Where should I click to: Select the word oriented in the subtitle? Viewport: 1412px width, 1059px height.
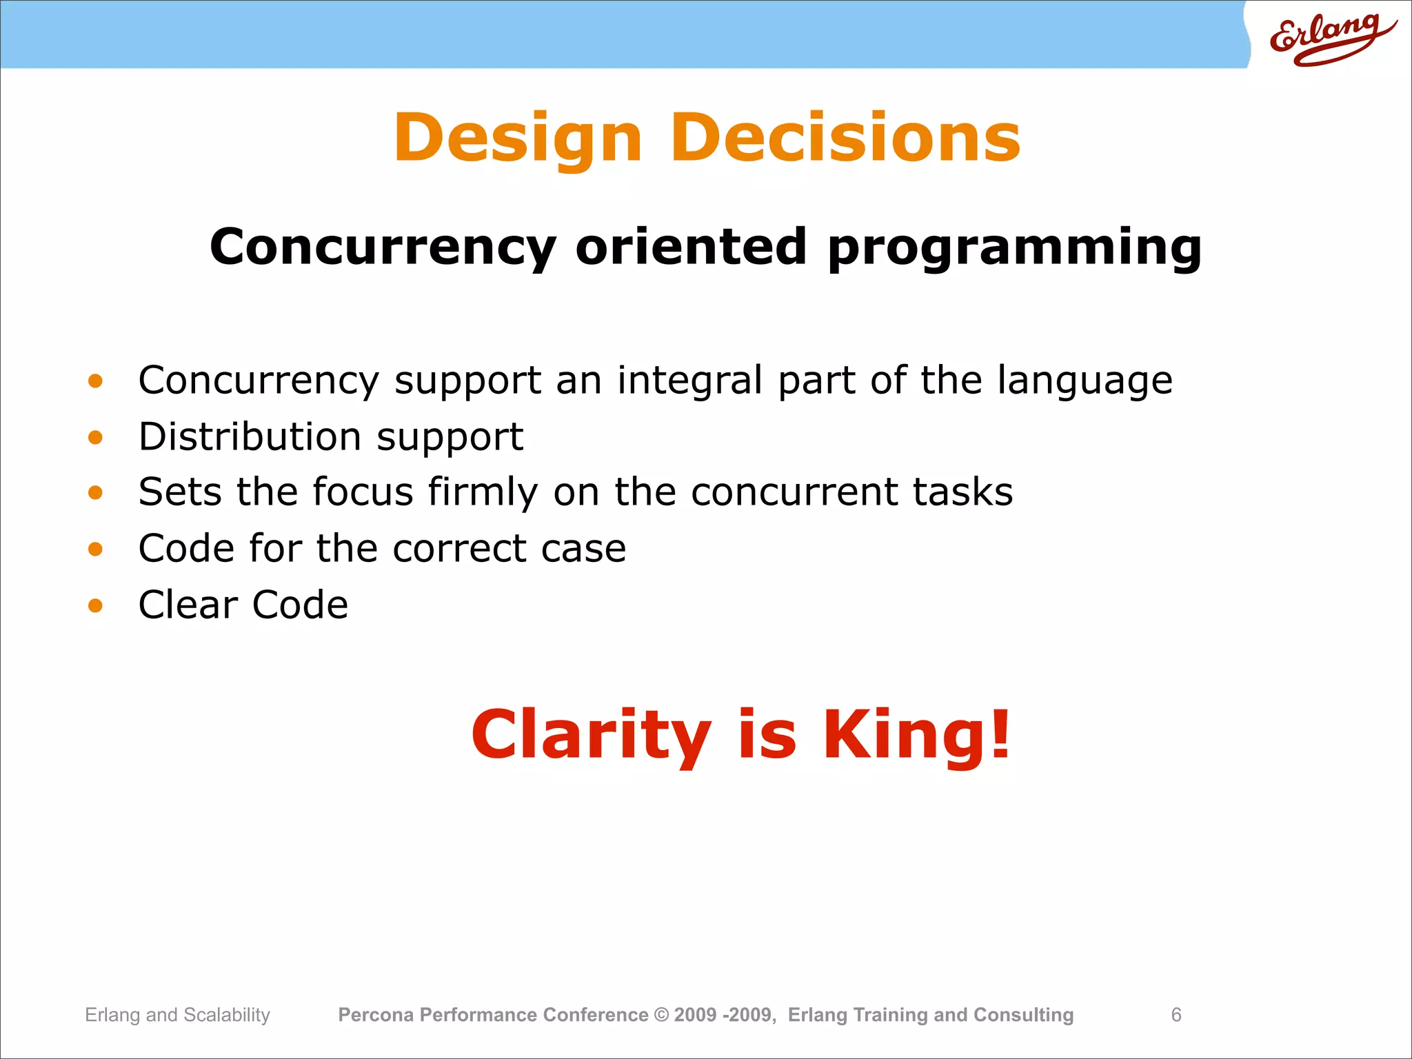pos(691,247)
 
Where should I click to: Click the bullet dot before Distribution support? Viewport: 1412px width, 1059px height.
pos(95,437)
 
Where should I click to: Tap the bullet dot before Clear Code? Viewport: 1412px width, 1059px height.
pos(95,605)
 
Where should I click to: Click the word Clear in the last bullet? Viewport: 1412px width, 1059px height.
pos(188,605)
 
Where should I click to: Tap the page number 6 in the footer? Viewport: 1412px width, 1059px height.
pos(1176,1015)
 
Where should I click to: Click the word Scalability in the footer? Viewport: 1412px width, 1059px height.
pos(227,1016)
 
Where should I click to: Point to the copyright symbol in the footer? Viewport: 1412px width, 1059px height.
pos(661,1015)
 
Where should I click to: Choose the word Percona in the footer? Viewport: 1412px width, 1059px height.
pos(376,1015)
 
